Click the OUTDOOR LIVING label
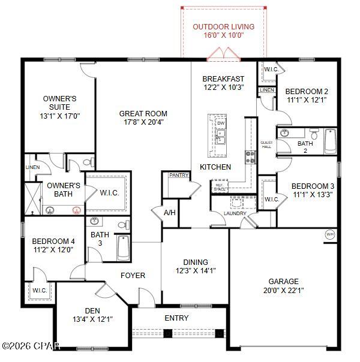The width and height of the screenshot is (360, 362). [x=223, y=27]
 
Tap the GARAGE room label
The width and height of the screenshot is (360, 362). [x=284, y=281]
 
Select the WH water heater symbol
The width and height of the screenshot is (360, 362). [x=329, y=234]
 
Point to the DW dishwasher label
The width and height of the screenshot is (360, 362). [x=220, y=122]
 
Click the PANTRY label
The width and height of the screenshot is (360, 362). [x=179, y=176]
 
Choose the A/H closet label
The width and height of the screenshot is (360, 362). [x=170, y=212]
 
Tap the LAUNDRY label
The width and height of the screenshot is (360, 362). [x=235, y=213]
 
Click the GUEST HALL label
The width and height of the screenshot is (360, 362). [x=266, y=144]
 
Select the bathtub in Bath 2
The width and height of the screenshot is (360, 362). [x=330, y=141]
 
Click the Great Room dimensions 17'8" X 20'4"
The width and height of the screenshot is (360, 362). [x=143, y=122]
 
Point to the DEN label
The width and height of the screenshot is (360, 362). [x=92, y=310]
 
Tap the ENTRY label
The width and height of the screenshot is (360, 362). [x=176, y=318]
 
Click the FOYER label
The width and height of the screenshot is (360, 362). [x=133, y=275]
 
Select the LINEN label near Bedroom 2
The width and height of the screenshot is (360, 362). [x=267, y=90]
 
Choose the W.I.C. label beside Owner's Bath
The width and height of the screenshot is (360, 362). [x=109, y=192]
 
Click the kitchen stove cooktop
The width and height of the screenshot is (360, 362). [x=250, y=157]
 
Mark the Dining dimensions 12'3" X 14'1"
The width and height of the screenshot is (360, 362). [x=196, y=270]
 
